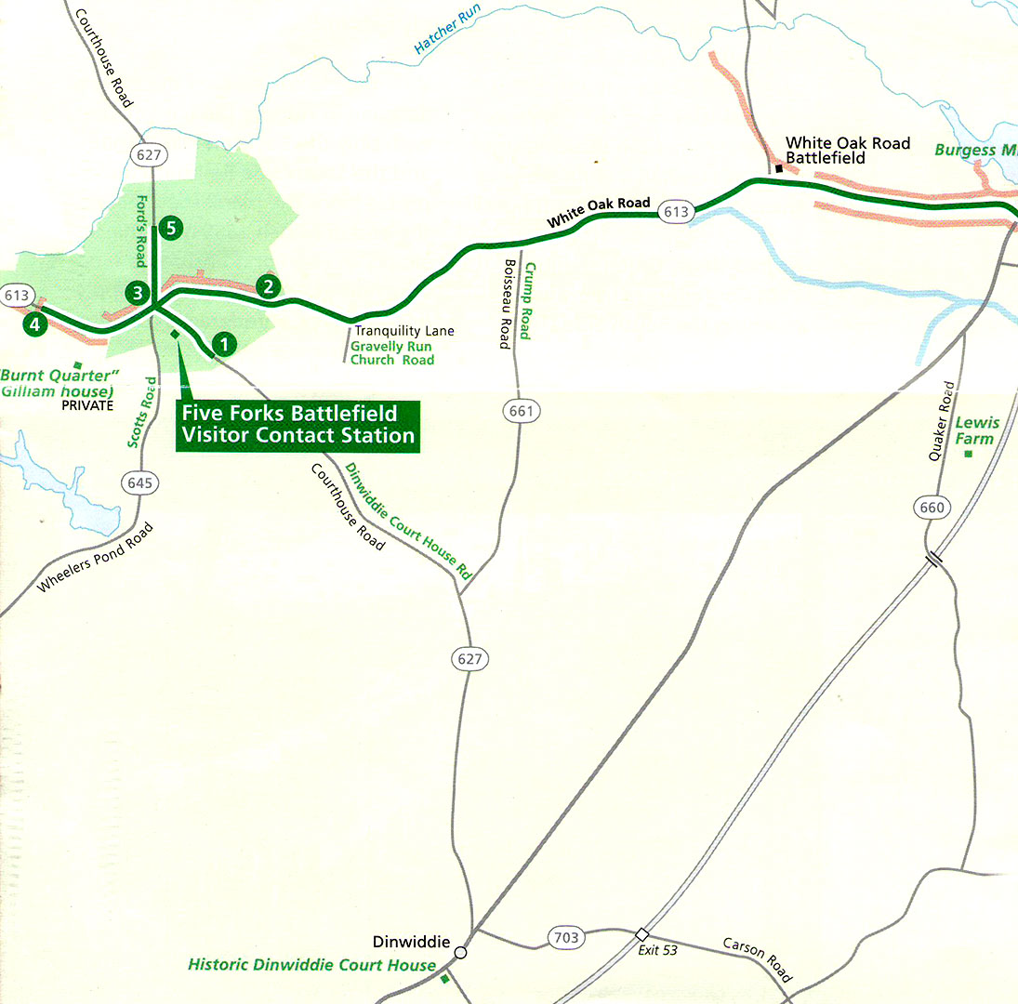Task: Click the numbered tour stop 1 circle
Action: [x=222, y=345]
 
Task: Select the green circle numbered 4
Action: [x=34, y=324]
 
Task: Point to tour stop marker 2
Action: [x=268, y=286]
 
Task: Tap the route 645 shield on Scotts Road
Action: [x=140, y=483]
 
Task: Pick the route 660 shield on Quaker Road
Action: [x=933, y=507]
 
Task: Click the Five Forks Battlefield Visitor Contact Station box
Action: [x=297, y=425]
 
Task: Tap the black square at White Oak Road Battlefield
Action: [x=779, y=168]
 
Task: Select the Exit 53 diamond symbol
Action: [x=641, y=933]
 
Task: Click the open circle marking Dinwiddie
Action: [x=460, y=952]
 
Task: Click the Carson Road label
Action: [x=758, y=959]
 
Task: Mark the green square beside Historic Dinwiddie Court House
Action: [x=444, y=978]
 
